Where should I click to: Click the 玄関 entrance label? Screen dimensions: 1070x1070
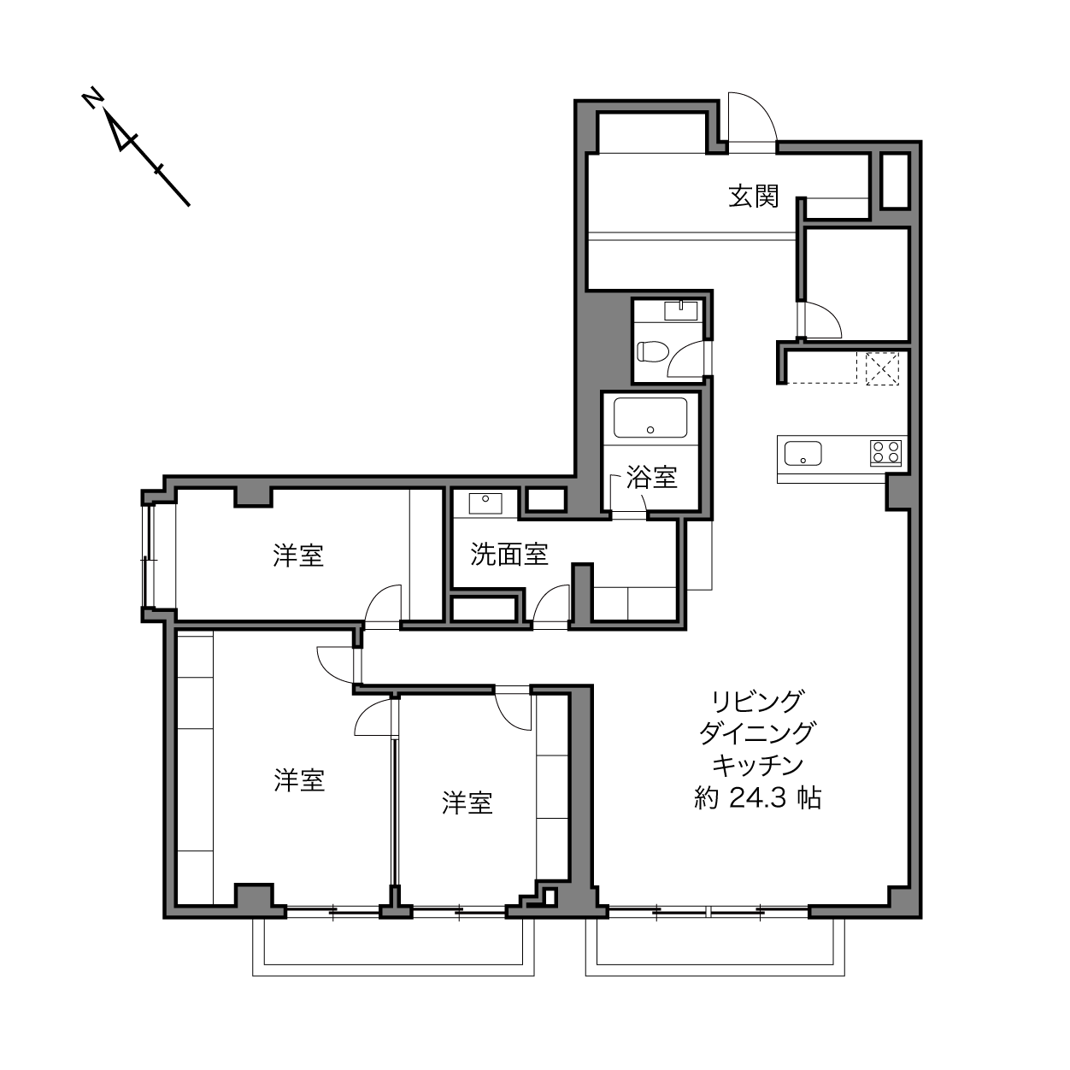pos(754,196)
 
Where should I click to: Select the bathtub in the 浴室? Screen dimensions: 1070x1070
pos(650,418)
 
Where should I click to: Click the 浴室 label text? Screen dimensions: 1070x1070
pos(651,477)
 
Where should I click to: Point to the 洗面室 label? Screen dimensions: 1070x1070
pos(509,554)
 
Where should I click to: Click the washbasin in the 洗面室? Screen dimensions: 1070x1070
pos(485,503)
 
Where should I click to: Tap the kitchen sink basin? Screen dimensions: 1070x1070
pos(802,453)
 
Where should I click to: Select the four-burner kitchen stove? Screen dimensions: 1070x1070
pos(885,452)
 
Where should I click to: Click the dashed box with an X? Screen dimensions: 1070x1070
pos(882,368)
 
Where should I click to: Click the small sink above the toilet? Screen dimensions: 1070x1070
pos(681,310)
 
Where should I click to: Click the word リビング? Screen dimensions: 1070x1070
pos(757,702)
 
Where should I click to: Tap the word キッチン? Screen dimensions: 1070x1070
pos(757,766)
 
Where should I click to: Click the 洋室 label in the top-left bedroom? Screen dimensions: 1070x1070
pos(298,556)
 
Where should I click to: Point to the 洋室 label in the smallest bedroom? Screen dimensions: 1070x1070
pos(467,802)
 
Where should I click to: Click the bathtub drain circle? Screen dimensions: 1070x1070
pos(650,430)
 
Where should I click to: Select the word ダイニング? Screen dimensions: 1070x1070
pos(757,733)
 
